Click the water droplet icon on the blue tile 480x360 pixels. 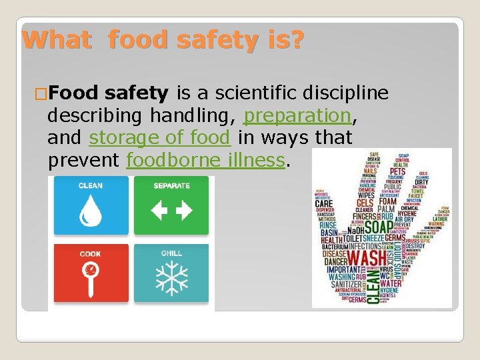click(90, 211)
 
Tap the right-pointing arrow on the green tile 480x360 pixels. click(183, 211)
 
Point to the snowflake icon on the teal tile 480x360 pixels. click(171, 279)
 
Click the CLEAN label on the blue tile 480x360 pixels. click(91, 186)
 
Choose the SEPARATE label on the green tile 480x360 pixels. click(171, 186)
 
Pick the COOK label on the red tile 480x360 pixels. click(91, 254)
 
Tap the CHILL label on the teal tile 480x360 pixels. click(171, 254)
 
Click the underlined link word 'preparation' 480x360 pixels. click(297, 115)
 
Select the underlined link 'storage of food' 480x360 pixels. click(160, 138)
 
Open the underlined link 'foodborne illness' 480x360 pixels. click(205, 160)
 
